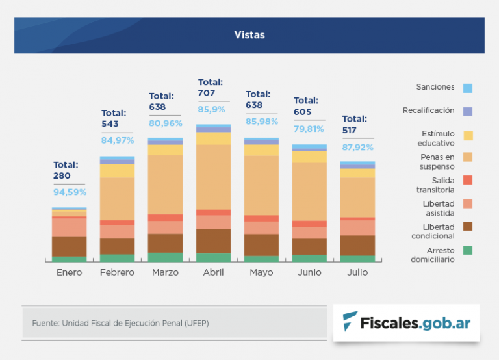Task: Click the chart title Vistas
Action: tap(249, 35)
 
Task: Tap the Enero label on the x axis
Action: tap(69, 272)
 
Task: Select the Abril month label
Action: tap(213, 272)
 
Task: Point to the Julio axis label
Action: tap(357, 272)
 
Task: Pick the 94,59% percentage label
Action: tap(70, 192)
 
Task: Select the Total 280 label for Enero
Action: tap(66, 170)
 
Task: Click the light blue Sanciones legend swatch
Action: tap(468, 88)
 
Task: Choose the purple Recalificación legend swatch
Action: tap(468, 111)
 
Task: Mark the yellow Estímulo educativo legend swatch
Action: tap(468, 135)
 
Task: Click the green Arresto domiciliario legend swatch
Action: tap(468, 250)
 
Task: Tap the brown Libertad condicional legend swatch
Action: tap(468, 226)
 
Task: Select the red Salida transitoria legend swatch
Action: tap(468, 180)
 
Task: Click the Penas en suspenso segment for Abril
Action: tap(213, 177)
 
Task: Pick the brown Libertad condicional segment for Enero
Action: tap(69, 246)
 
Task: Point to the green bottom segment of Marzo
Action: tap(165, 257)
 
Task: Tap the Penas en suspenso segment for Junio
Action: tap(309, 192)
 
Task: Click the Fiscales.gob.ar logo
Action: tap(407, 322)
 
